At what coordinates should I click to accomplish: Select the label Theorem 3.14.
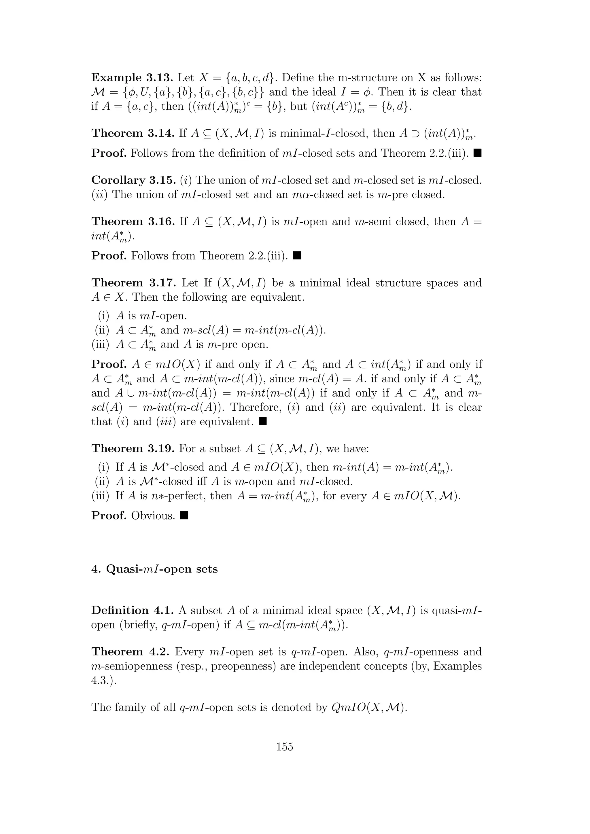click(x=133, y=133)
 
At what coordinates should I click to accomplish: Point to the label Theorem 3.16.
click(x=133, y=221)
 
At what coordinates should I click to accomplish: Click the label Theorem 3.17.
click(x=133, y=283)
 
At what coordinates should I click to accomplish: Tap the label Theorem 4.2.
click(x=131, y=652)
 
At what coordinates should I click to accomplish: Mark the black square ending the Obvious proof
click(x=184, y=515)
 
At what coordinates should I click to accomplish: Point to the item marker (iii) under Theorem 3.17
click(x=100, y=344)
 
